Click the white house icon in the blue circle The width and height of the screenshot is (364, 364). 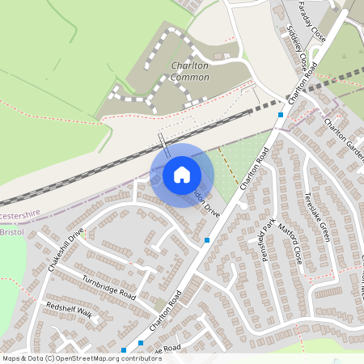[x=182, y=175]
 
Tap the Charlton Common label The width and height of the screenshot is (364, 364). [x=190, y=71]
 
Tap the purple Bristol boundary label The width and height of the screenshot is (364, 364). [x=12, y=232]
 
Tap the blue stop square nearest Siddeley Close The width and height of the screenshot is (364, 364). [x=281, y=115]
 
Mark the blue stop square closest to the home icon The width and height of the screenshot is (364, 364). [x=208, y=240]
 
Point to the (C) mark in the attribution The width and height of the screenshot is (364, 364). [x=51, y=358]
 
